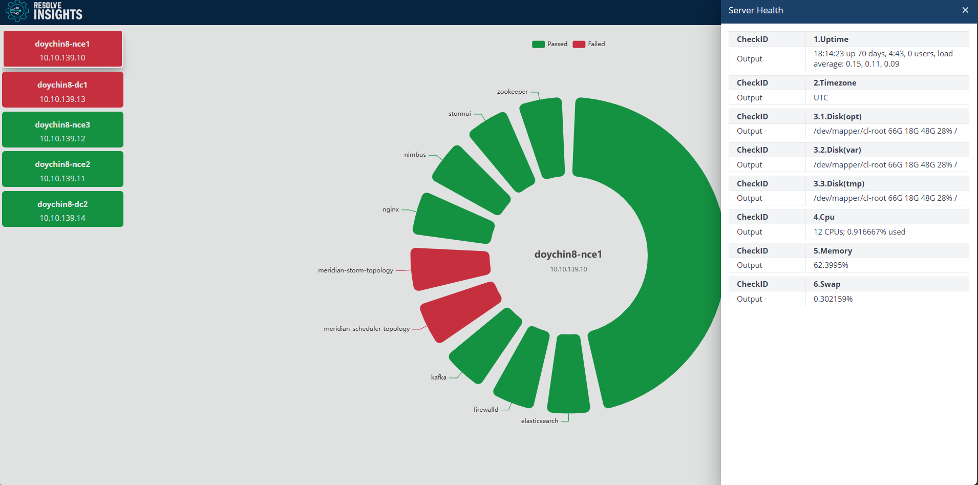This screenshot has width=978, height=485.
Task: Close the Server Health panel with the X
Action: click(965, 10)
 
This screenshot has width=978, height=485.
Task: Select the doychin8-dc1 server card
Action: click(62, 90)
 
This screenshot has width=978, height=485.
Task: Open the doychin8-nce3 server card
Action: click(62, 130)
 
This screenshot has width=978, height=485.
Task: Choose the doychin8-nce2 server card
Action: click(62, 170)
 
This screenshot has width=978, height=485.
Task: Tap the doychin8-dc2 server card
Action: click(62, 209)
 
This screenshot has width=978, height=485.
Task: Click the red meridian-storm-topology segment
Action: click(450, 268)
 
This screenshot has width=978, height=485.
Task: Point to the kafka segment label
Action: click(438, 377)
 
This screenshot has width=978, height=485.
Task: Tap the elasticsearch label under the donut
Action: click(539, 421)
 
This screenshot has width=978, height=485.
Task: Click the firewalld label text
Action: click(485, 410)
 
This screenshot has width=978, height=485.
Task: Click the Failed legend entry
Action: click(589, 44)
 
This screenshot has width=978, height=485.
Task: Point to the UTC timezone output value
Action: click(820, 98)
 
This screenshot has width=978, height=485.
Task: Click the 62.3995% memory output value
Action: click(831, 265)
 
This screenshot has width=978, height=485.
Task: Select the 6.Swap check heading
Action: click(826, 284)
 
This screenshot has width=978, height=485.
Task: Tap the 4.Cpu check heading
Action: click(823, 217)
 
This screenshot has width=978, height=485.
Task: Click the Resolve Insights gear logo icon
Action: click(17, 11)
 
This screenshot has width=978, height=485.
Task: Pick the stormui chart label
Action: click(459, 114)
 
